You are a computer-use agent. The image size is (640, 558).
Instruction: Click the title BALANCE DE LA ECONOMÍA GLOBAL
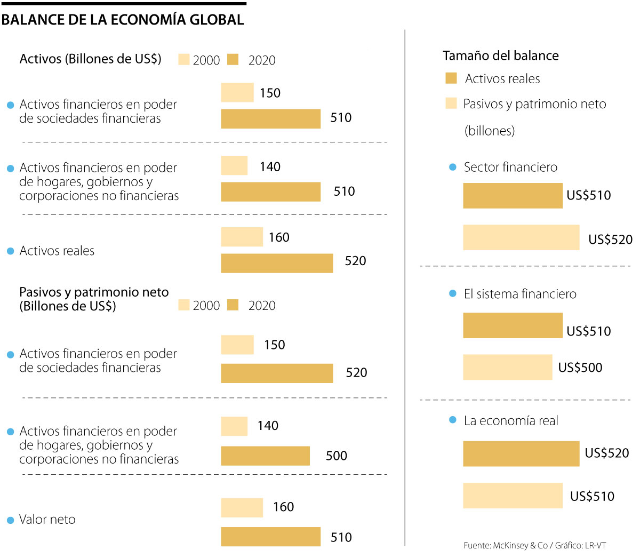click(123, 20)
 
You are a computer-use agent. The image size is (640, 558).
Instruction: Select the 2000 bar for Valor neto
click(242, 508)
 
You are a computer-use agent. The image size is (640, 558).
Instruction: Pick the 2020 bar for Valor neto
click(270, 537)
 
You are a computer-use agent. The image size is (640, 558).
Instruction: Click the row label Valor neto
click(47, 520)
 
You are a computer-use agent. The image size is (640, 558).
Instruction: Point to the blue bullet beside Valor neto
click(10, 520)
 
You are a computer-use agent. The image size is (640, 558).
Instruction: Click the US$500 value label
click(580, 368)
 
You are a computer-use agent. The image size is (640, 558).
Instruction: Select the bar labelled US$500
click(507, 367)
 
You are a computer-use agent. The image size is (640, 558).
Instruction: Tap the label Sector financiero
click(510, 168)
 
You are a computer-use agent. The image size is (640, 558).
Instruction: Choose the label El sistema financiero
click(520, 294)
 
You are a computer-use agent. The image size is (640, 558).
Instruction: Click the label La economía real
click(511, 421)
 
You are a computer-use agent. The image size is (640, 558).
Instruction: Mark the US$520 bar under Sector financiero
click(521, 237)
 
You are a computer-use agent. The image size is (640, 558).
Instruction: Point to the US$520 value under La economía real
click(607, 453)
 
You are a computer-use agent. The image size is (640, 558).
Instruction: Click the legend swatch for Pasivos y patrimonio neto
click(451, 103)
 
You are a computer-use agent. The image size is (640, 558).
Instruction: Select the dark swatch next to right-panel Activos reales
click(451, 78)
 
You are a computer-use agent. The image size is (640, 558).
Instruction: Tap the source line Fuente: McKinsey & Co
click(534, 545)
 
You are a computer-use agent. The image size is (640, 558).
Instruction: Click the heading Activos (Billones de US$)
click(90, 59)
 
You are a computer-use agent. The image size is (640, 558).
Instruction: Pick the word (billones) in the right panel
click(490, 131)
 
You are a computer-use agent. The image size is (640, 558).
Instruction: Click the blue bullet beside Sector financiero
click(453, 168)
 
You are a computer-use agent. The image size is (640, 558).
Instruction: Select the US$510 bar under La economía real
click(513, 496)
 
